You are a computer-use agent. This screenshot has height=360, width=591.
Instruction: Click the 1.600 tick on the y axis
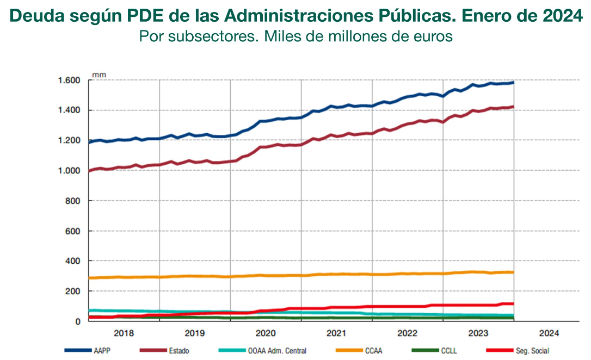[69, 80]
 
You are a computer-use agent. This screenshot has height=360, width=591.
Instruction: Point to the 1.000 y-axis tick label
[69, 171]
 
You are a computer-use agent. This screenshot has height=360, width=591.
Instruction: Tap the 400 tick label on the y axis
[73, 261]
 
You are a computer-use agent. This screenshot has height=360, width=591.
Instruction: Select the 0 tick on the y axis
[78, 321]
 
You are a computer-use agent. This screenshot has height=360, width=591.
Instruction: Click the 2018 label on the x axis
[124, 333]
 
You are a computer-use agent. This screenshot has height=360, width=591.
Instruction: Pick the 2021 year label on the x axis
[336, 333]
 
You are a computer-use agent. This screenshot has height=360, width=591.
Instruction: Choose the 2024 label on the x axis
[549, 333]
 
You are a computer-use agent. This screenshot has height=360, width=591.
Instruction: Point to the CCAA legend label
[372, 351]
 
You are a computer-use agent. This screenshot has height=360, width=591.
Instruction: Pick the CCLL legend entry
[448, 351]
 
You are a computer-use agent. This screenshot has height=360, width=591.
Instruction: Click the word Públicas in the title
[419, 16]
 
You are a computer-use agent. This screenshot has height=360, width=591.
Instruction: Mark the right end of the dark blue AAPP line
[513, 83]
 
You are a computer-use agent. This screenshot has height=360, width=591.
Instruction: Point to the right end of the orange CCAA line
[513, 272]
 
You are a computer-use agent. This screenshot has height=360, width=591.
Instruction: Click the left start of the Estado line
[89, 171]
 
